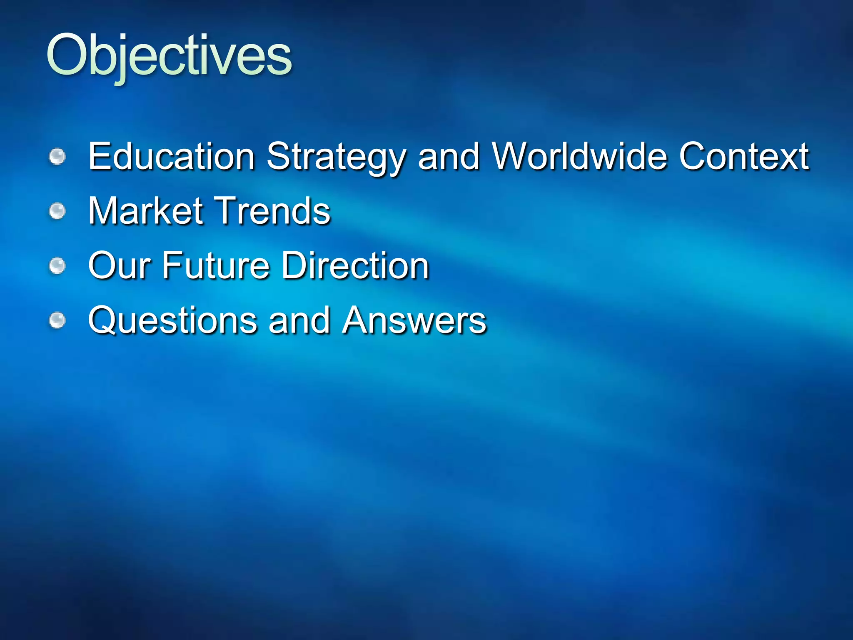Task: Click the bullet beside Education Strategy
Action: tap(57, 157)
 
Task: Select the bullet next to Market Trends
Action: tap(57, 211)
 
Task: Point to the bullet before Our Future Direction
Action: tap(57, 266)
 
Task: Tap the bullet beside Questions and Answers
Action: tap(57, 320)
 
